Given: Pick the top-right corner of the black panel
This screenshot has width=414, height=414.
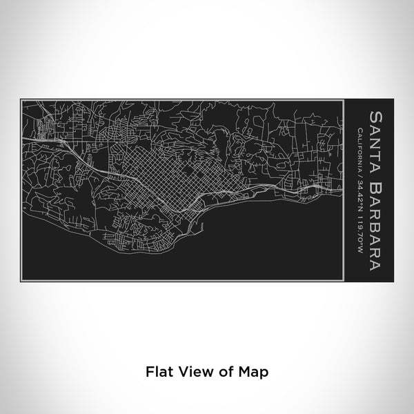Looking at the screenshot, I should (393, 99).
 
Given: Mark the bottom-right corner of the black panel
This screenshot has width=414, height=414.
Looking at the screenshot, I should (393, 281).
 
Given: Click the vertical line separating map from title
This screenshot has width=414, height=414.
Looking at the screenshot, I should (344, 190).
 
